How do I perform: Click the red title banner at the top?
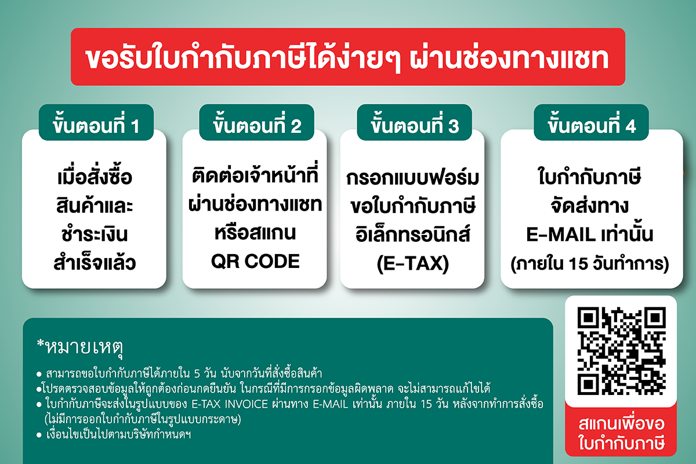click(x=348, y=57)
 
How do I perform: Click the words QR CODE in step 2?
click(x=255, y=261)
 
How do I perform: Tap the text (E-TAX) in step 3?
click(x=413, y=264)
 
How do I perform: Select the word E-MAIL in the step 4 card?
click(x=559, y=234)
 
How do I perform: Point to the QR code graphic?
click(x=621, y=351)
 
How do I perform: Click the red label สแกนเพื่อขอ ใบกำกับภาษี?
click(x=621, y=433)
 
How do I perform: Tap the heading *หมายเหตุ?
click(x=80, y=347)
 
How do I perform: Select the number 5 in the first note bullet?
click(x=197, y=374)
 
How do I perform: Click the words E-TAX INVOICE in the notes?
click(x=230, y=404)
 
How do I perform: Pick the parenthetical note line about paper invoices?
click(x=143, y=419)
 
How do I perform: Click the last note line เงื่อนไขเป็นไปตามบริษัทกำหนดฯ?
click(x=118, y=434)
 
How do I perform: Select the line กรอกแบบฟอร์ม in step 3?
click(x=412, y=177)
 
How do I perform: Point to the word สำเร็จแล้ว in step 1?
click(x=95, y=262)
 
